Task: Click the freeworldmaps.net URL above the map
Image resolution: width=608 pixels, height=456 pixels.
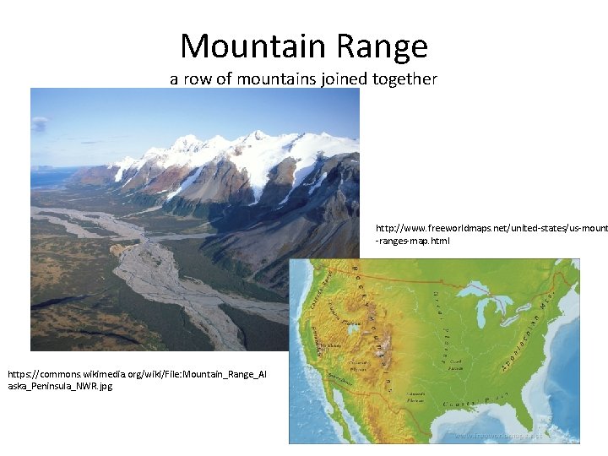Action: point(491,234)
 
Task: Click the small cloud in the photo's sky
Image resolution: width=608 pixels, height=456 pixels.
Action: point(40,124)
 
